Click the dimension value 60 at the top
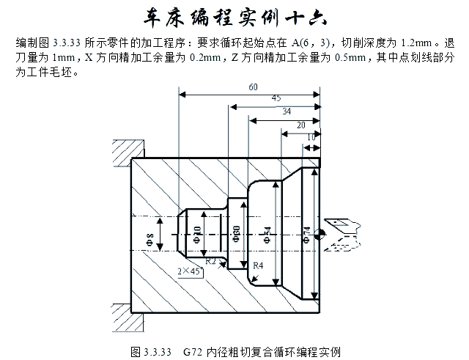tap(253, 87)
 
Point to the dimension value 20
tap(300, 125)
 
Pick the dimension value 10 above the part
tap(311, 137)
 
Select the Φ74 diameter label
tap(305, 233)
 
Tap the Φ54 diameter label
tap(266, 235)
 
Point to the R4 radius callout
tap(257, 265)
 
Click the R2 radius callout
tap(210, 260)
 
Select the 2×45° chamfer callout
tap(189, 271)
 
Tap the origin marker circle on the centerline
tap(320, 235)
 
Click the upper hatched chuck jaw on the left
tap(119, 155)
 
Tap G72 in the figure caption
tap(193, 351)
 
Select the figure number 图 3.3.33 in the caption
tap(149, 351)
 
